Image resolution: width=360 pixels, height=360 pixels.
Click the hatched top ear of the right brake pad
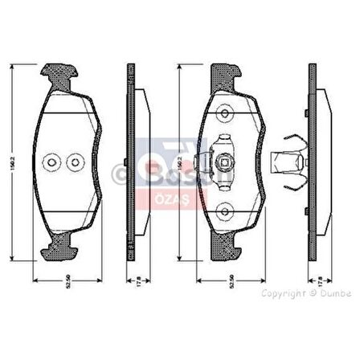click(224, 76)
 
